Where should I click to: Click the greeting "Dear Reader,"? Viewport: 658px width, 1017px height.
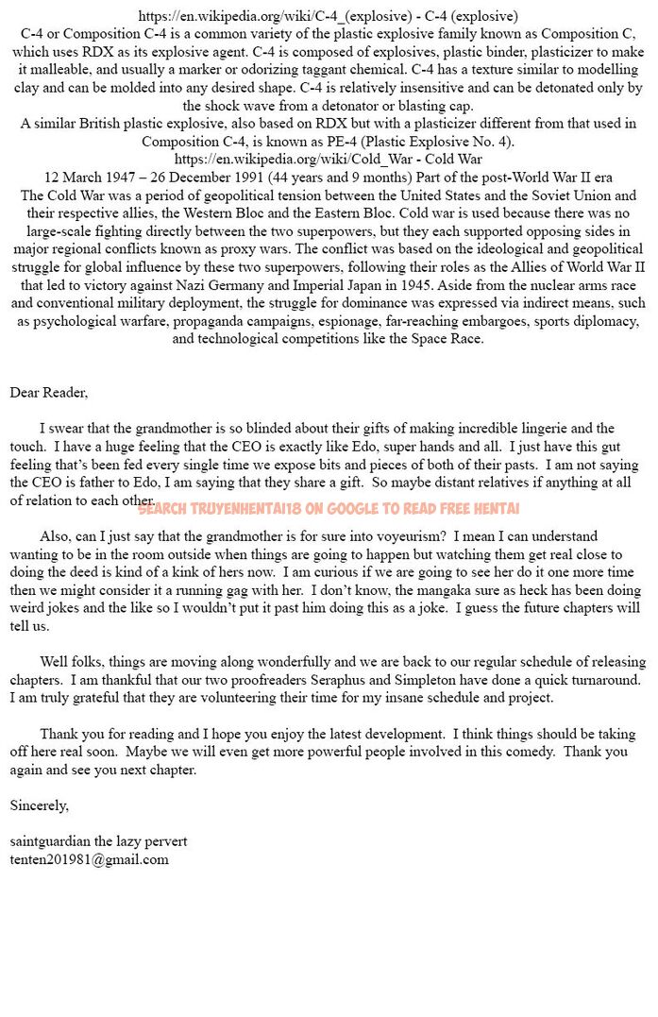pos(49,393)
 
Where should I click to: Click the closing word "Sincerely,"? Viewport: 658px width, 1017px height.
pos(39,805)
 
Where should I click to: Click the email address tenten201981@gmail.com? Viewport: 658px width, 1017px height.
pos(90,859)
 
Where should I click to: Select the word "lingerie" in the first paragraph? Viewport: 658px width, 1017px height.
pos(538,429)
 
